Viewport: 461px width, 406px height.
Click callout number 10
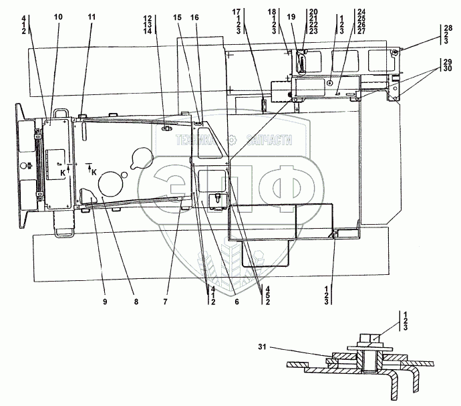click(57, 15)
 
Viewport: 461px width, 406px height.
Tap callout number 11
click(92, 15)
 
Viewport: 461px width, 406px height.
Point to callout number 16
click(194, 15)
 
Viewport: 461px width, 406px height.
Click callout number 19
click(290, 15)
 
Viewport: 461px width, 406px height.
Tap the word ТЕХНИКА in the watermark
click(196, 140)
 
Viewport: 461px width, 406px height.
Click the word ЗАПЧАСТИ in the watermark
click(270, 140)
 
